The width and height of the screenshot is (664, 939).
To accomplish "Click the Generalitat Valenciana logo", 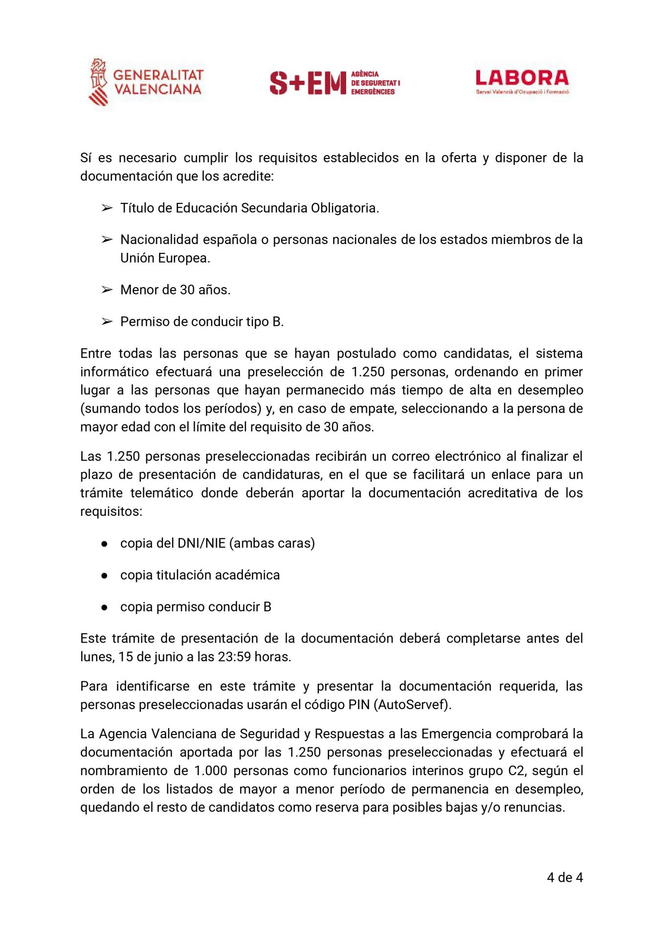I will [x=146, y=82].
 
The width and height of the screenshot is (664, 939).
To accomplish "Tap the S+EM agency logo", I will [x=334, y=83].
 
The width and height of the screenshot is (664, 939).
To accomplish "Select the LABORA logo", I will [x=522, y=81].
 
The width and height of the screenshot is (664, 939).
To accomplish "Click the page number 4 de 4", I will [x=564, y=877].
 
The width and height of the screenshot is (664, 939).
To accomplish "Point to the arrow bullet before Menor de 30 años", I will [x=107, y=290].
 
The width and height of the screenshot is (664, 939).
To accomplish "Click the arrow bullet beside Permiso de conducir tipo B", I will [x=107, y=322].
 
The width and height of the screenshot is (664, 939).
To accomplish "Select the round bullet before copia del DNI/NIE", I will [x=104, y=544].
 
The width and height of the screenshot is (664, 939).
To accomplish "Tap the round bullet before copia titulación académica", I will [x=104, y=576].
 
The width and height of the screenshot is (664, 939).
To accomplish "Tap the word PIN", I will [x=358, y=705].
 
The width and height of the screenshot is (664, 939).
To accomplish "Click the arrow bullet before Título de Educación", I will [x=107, y=208].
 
